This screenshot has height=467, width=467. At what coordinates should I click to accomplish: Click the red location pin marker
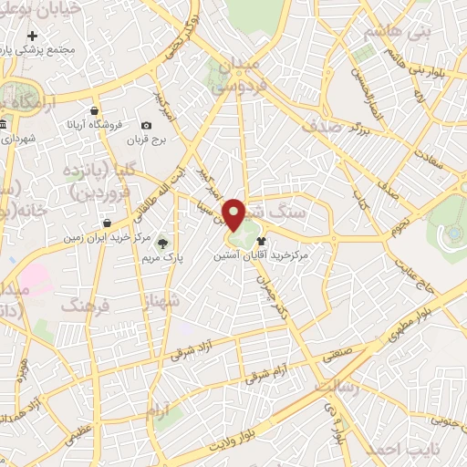(x=236, y=215)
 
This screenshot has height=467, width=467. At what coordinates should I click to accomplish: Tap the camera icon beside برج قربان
(x=147, y=125)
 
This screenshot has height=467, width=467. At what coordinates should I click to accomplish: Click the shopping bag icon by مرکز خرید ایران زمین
(x=109, y=223)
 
